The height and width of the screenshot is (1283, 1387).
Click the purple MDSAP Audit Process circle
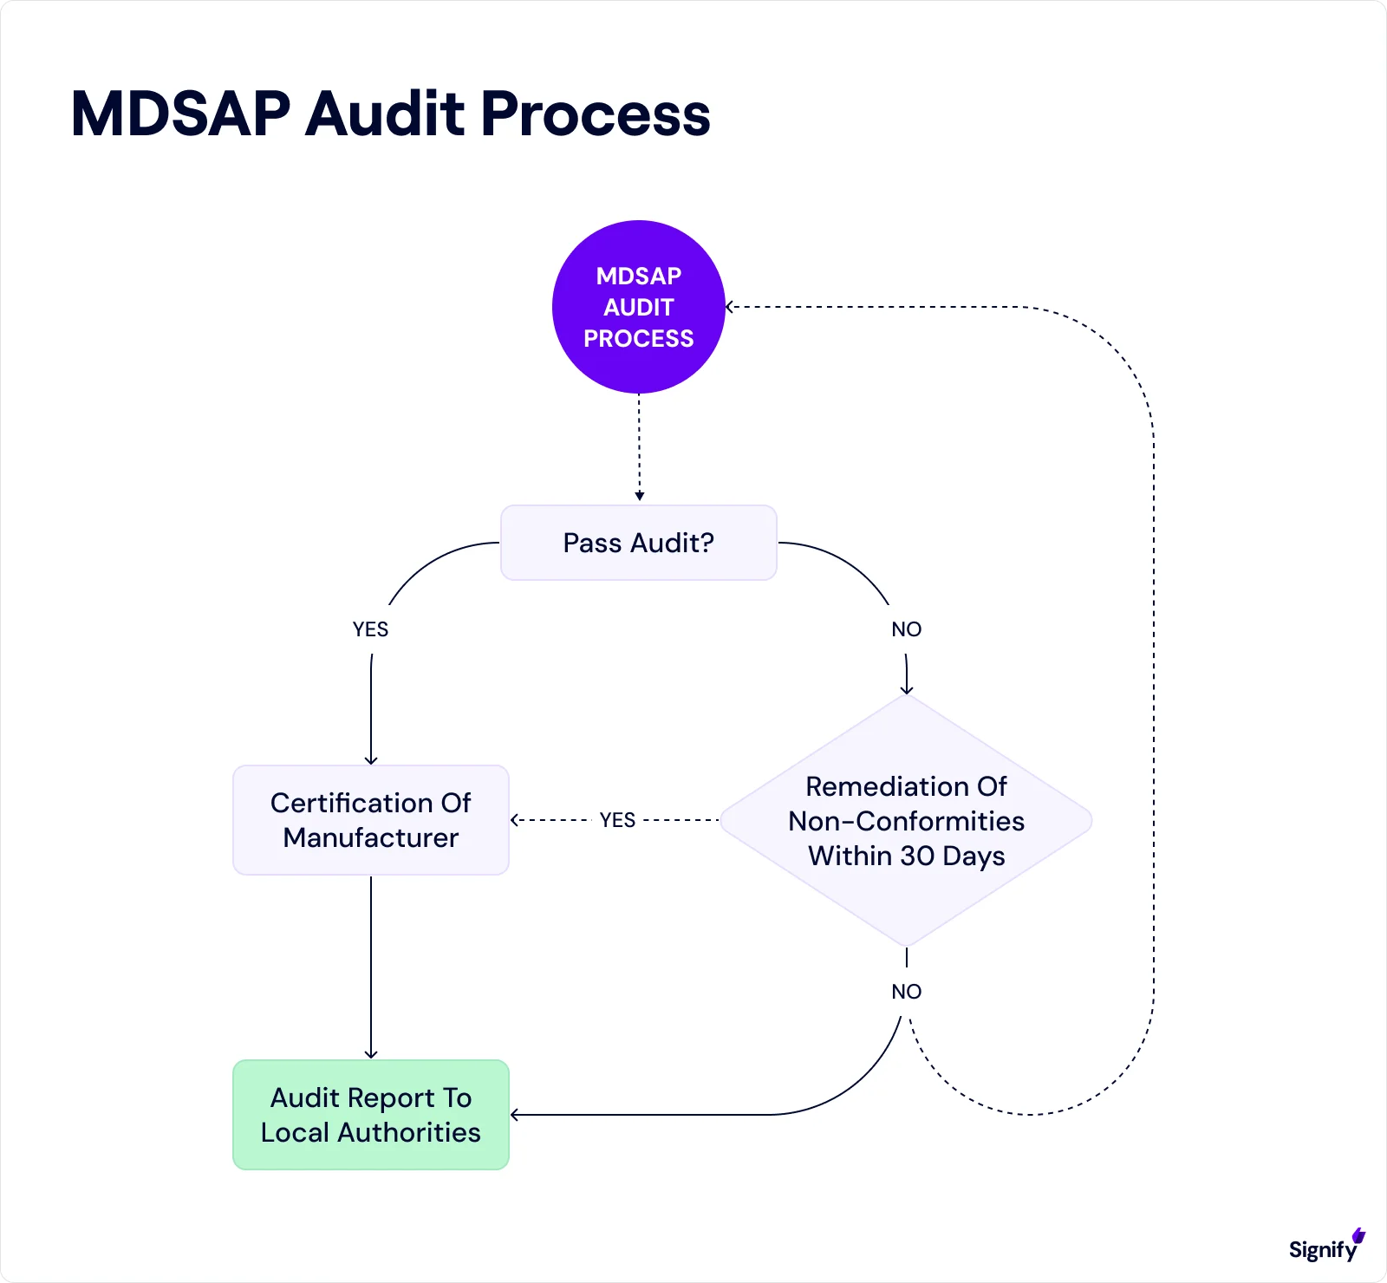pos(639,307)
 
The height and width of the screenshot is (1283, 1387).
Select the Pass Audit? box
pos(639,543)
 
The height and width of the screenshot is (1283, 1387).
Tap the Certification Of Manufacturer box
pos(371,820)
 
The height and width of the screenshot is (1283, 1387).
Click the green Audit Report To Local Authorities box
pos(371,1115)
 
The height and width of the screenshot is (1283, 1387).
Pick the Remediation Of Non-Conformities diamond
pos(906,820)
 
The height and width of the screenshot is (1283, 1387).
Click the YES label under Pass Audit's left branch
pos(370,629)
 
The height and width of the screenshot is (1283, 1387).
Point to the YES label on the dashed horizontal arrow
pos(617,820)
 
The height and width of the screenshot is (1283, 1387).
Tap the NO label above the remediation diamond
pos(906,629)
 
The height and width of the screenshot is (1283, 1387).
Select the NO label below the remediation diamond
pos(906,992)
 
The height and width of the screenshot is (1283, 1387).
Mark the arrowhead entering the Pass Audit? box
pos(640,497)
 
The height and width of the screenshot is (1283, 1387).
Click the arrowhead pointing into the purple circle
pos(730,307)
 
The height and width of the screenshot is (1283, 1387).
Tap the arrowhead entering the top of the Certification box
pos(371,760)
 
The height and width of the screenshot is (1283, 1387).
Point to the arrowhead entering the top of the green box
pos(371,1054)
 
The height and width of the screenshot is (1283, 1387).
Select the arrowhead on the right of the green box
pos(515,1115)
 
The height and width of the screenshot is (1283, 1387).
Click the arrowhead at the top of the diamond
pos(907,690)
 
